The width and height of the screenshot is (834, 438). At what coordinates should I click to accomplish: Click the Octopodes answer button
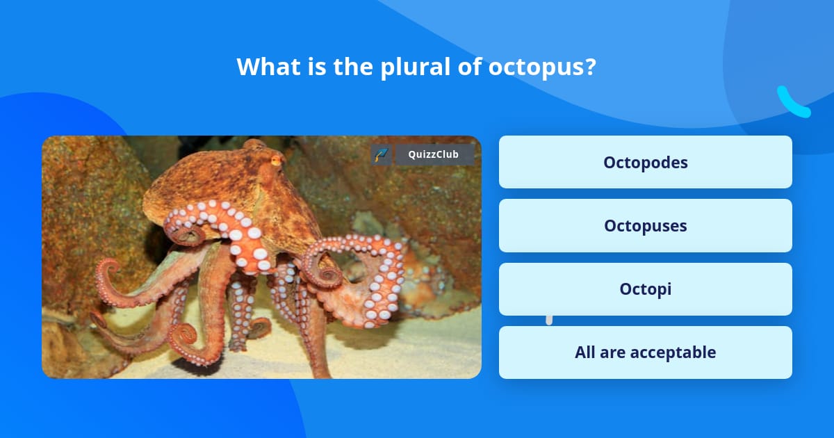click(645, 162)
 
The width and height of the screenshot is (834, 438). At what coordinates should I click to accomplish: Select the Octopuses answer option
click(645, 225)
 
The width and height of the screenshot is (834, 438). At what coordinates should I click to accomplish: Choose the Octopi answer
click(645, 289)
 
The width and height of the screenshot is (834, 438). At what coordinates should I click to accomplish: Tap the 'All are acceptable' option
click(645, 352)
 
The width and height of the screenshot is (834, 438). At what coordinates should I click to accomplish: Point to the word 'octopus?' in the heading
click(542, 67)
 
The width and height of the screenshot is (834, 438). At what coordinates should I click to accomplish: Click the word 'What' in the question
click(268, 66)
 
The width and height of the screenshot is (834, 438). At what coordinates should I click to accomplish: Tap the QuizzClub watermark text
click(433, 154)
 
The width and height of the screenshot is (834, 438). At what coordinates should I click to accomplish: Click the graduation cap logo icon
click(381, 154)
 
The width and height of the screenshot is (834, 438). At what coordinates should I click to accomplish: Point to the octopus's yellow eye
click(277, 161)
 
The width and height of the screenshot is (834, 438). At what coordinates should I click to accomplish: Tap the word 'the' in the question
click(353, 66)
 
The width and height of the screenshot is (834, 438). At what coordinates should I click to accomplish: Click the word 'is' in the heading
click(317, 66)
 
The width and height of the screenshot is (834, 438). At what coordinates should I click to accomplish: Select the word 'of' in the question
click(469, 66)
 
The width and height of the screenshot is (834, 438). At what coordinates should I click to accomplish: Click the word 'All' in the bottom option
click(585, 352)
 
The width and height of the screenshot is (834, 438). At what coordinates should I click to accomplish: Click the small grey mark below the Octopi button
click(549, 320)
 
